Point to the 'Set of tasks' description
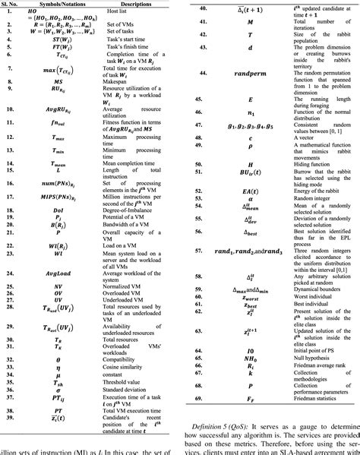point(141,31)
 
